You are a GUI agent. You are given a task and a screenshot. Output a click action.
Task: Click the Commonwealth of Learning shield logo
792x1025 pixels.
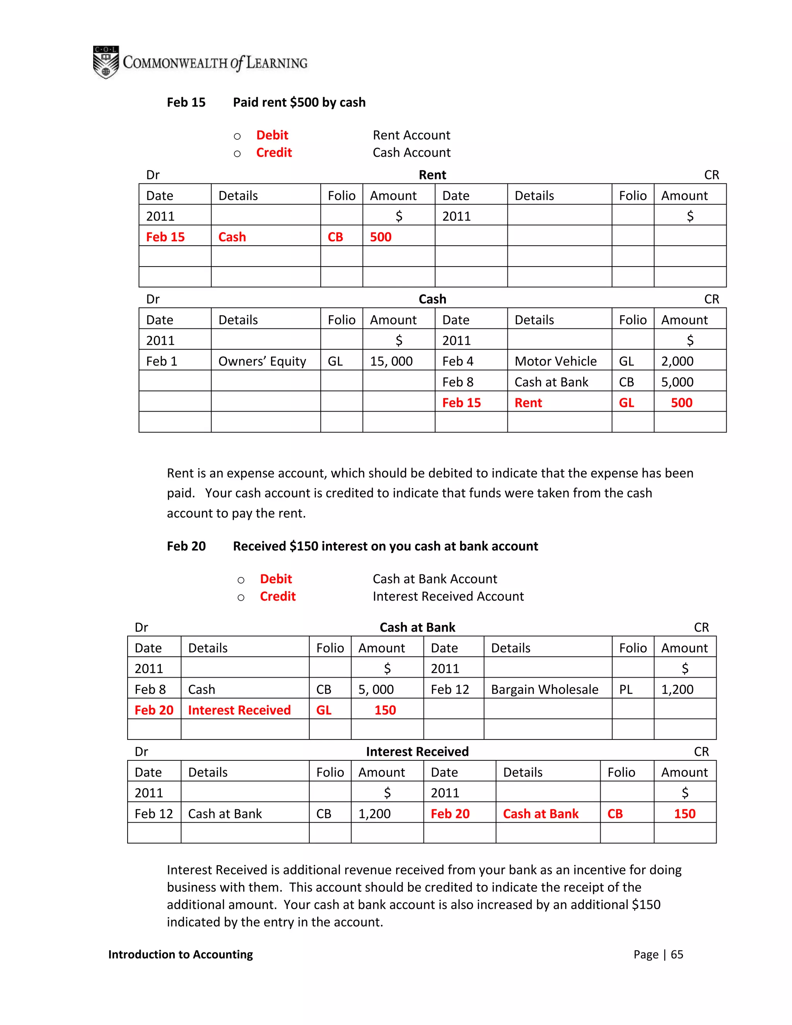tap(106, 62)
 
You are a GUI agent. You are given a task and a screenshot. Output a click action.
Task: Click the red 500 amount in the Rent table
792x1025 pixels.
tap(381, 237)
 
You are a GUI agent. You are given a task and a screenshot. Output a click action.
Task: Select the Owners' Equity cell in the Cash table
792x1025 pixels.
tap(262, 361)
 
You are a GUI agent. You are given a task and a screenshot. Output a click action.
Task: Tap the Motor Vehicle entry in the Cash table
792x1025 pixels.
tap(556, 361)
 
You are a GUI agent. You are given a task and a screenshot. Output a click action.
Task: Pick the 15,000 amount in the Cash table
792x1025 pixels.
tap(391, 361)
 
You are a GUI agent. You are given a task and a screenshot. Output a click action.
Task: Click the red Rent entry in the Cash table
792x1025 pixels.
tap(528, 403)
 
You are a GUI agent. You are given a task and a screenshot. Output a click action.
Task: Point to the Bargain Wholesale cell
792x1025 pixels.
tap(544, 689)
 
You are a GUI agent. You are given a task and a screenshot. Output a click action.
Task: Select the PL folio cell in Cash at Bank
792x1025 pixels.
tap(626, 689)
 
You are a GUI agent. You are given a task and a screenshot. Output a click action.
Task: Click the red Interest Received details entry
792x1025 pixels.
tap(239, 710)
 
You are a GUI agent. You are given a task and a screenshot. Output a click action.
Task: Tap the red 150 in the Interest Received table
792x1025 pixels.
tap(684, 813)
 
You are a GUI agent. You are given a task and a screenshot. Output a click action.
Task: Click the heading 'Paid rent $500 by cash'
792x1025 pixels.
tap(299, 102)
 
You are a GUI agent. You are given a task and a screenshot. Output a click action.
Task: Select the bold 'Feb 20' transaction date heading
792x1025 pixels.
tap(186, 546)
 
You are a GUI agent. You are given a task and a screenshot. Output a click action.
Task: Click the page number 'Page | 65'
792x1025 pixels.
tap(658, 954)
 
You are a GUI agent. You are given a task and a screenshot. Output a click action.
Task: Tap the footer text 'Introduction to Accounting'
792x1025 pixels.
tap(181, 954)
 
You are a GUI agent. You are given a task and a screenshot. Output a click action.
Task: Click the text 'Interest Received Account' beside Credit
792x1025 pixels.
tap(448, 596)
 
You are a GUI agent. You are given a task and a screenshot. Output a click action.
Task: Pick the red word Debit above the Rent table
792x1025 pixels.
tap(272, 135)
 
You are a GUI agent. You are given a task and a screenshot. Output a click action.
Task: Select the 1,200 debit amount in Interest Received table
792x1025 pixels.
tap(374, 813)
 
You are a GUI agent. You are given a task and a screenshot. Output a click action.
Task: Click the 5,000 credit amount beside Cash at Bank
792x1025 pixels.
tap(677, 382)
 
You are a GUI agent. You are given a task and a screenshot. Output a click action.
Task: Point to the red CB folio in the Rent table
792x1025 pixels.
tap(335, 237)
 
